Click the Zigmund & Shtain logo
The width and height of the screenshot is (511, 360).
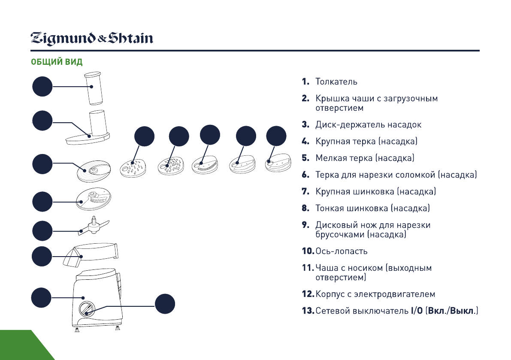[91, 39]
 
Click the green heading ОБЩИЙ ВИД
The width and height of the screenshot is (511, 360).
[57, 62]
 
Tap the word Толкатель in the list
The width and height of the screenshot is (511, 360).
[336, 82]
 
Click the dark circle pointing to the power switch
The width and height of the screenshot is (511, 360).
[165, 304]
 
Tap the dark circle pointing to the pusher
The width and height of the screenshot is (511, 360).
[42, 87]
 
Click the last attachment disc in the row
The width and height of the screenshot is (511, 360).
[277, 163]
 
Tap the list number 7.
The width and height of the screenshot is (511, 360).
[305, 192]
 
